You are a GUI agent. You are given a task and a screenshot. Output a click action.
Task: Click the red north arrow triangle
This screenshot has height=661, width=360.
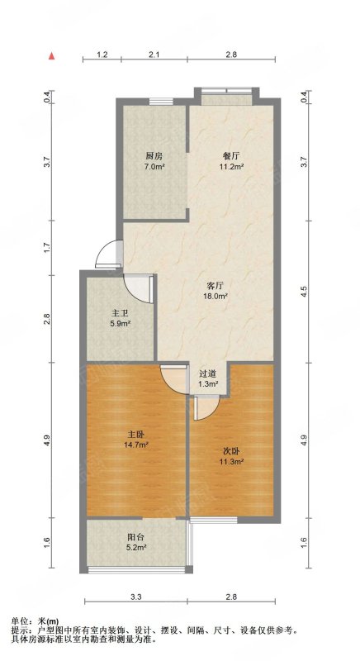[51, 56]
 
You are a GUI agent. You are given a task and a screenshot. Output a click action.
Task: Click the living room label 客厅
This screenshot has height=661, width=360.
[215, 284]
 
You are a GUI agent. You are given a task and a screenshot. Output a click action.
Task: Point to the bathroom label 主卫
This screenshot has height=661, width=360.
[119, 313]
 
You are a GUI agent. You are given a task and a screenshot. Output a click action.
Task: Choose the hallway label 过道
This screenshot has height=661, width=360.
[207, 373]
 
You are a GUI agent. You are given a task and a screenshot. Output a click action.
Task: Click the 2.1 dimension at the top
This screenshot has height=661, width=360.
[154, 54]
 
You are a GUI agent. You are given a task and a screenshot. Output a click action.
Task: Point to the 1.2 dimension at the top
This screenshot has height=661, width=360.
[102, 54]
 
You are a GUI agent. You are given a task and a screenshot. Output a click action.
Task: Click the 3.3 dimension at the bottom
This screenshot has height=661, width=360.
[135, 597]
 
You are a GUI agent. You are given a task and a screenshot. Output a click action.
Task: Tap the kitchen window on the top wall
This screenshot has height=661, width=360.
[161, 101]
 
